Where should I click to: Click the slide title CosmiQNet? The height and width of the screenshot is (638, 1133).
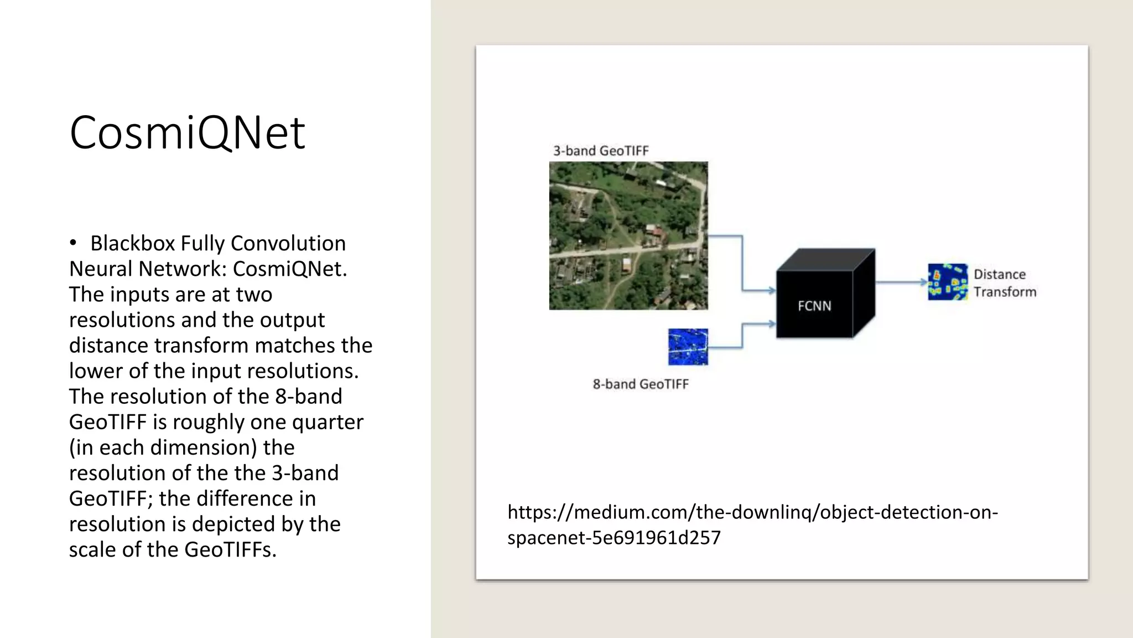coord(187,132)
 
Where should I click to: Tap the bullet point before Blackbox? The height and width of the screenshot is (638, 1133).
coord(73,243)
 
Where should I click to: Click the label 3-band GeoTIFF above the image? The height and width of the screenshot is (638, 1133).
coord(601,151)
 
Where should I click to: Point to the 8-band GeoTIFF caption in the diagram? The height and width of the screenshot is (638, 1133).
coord(641,384)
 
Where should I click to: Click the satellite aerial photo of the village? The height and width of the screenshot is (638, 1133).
coord(628,235)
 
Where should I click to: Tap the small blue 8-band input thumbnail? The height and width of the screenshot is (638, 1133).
coord(688,347)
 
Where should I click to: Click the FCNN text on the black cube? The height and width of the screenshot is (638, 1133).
coord(814,306)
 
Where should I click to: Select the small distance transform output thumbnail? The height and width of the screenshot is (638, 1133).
coord(948,282)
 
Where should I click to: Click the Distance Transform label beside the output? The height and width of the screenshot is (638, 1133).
coord(1004,283)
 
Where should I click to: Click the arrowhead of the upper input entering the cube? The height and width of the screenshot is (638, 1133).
coord(771,290)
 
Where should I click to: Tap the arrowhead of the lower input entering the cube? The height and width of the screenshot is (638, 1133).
coord(771,324)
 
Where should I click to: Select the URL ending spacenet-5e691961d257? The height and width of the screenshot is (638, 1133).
coord(614,538)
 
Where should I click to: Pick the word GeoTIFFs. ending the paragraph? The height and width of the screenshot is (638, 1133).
coord(230,549)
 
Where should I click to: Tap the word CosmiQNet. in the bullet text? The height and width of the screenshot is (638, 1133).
coord(290,269)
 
